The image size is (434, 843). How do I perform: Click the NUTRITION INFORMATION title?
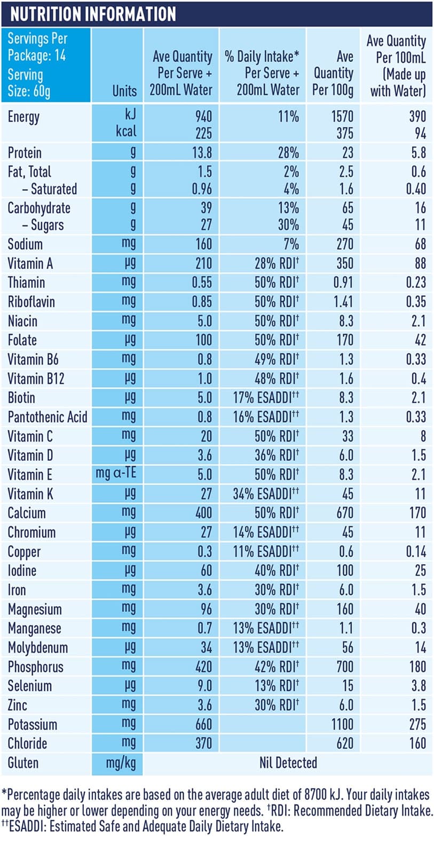click(93, 14)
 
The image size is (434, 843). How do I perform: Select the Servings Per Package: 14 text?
click(37, 47)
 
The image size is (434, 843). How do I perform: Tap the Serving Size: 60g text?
click(29, 83)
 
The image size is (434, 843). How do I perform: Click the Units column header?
click(124, 91)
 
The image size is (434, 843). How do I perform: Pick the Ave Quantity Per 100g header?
click(333, 73)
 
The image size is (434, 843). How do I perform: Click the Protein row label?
click(25, 153)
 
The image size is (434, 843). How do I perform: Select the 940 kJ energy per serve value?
click(203, 116)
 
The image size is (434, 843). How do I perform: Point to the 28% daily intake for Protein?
click(288, 153)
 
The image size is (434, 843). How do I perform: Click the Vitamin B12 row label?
click(36, 379)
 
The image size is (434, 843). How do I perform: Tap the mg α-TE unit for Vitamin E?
click(116, 473)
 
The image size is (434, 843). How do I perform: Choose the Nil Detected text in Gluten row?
click(288, 762)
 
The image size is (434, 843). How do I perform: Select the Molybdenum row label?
click(38, 647)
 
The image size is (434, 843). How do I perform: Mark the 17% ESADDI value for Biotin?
click(266, 398)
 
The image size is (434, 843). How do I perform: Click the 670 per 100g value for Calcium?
click(345, 513)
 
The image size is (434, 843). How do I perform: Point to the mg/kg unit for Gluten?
click(121, 762)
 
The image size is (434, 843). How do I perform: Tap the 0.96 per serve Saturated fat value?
click(202, 189)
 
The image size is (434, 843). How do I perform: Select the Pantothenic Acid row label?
click(48, 417)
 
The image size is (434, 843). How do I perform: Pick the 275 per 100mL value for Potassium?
click(417, 724)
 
